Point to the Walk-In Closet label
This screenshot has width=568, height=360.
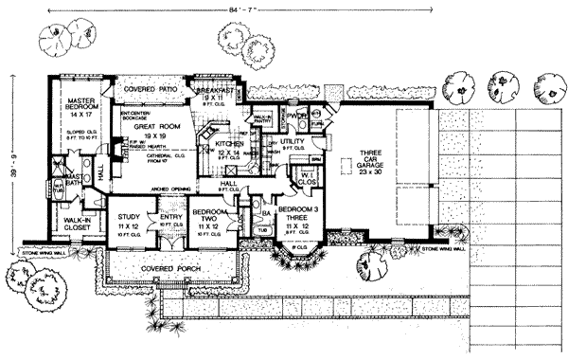(65, 225)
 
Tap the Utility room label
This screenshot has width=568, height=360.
(293, 139)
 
